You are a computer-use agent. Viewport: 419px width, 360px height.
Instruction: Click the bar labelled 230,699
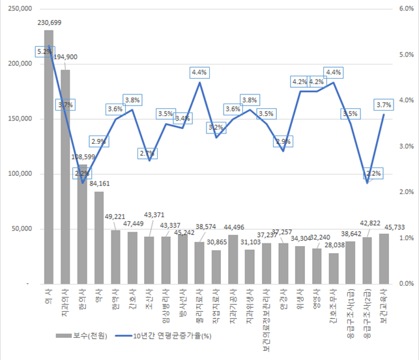(48, 156)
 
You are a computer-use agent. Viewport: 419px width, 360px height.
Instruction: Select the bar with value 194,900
(65, 176)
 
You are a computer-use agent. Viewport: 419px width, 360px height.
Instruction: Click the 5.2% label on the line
(45, 51)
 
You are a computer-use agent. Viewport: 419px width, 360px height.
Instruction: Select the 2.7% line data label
(148, 154)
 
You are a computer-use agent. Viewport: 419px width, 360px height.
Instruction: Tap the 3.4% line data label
(182, 118)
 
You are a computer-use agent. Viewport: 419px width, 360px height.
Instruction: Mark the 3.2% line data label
(216, 127)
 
